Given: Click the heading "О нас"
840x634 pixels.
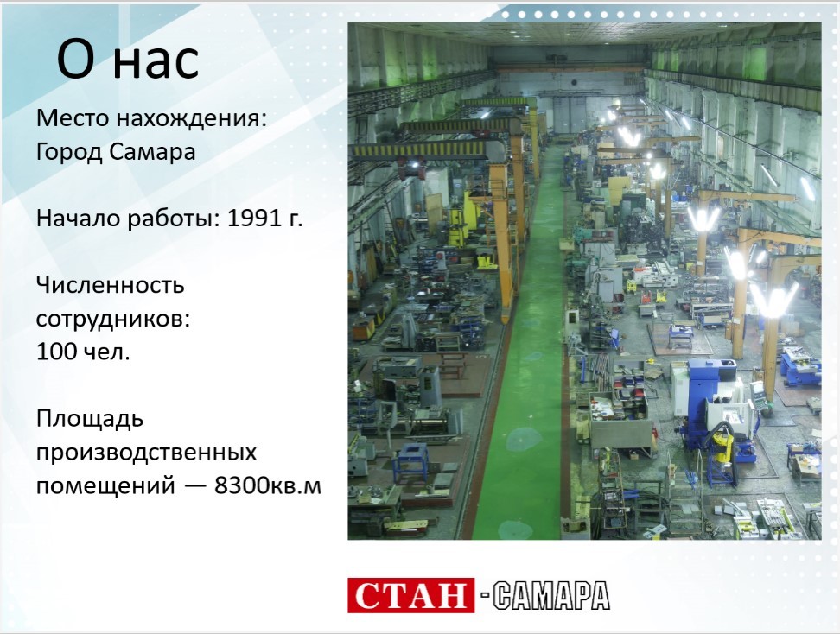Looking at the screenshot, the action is pyautogui.click(x=128, y=60).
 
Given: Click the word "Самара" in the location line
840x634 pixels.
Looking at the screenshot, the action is pyautogui.click(x=153, y=151).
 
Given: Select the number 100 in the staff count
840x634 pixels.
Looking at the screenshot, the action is pyautogui.click(x=55, y=352).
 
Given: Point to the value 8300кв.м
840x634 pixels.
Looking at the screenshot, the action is pyautogui.click(x=268, y=485).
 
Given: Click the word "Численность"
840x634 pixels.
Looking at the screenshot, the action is pyautogui.click(x=111, y=285).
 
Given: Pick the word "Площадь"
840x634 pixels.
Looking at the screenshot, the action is pyautogui.click(x=90, y=420).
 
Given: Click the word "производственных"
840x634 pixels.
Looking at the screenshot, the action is pyautogui.click(x=147, y=453).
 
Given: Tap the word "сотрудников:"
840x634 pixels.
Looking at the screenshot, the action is pyautogui.click(x=113, y=320).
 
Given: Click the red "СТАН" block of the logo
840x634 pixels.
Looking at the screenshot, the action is pyautogui.click(x=410, y=595).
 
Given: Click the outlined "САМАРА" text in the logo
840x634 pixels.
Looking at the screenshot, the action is pyautogui.click(x=551, y=595).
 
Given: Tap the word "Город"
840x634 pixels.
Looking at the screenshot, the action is pyautogui.click(x=69, y=152).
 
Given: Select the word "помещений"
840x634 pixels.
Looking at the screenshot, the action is pyautogui.click(x=105, y=486).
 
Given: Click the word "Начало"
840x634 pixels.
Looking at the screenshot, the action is pyautogui.click(x=79, y=218).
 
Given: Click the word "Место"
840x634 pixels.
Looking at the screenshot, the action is pyautogui.click(x=73, y=118).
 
